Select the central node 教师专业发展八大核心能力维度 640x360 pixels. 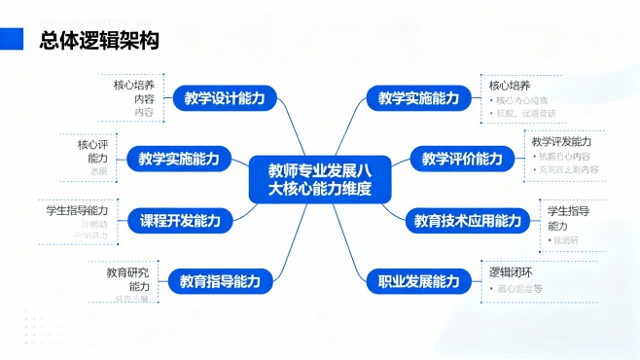(x=319, y=179)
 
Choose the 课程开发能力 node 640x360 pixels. (x=180, y=221)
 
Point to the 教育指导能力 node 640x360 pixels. (x=220, y=282)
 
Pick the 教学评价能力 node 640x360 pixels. (x=463, y=159)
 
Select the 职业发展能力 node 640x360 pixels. (x=418, y=282)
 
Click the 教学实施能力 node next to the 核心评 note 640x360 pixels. (x=179, y=159)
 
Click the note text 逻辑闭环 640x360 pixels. (x=510, y=271)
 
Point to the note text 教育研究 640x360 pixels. (x=127, y=272)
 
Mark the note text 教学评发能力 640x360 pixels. (x=561, y=142)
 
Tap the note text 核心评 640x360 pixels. (x=95, y=144)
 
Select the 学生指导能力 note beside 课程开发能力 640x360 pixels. (x=76, y=209)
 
